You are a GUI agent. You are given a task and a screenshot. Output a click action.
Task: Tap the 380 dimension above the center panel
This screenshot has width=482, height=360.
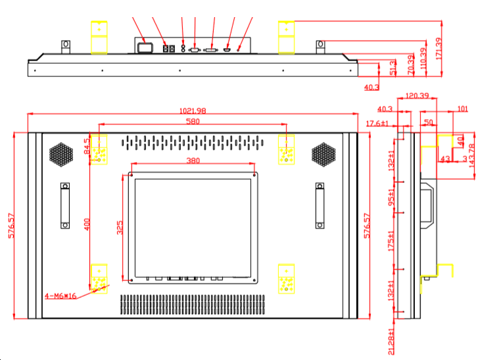click(193, 160)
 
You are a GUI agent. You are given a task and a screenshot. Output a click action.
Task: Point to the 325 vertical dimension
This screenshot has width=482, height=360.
click(119, 227)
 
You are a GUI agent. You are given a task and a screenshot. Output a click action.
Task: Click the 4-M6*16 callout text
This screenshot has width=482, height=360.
click(61, 296)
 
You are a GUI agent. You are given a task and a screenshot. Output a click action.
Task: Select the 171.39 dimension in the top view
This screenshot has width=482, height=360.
click(440, 46)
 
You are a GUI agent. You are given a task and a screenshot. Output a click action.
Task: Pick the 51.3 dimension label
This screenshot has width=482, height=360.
click(393, 67)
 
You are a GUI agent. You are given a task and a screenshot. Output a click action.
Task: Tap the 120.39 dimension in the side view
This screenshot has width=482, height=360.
click(417, 96)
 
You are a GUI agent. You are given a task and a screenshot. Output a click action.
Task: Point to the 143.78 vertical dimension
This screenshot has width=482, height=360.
click(471, 155)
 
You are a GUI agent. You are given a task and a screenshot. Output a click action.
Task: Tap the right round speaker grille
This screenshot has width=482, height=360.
click(324, 154)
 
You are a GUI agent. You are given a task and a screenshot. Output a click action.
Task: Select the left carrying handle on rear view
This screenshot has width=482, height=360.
click(65, 205)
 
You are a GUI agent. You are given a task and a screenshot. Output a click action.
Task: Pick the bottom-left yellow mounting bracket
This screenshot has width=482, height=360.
click(99, 278)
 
